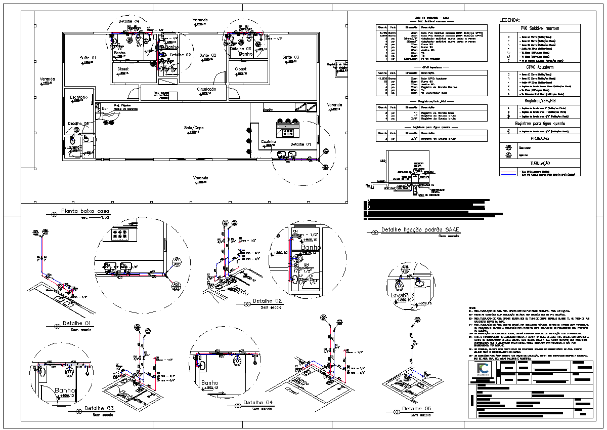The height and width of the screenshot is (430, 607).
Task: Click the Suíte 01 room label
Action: (x=88, y=58)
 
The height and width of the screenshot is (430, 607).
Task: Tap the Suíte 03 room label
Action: (x=291, y=57)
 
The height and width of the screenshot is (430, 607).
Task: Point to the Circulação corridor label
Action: (x=206, y=89)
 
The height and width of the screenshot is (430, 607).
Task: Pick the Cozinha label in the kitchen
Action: (x=268, y=141)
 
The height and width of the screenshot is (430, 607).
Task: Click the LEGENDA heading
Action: (x=509, y=20)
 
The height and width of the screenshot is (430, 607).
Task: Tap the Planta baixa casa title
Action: (x=85, y=211)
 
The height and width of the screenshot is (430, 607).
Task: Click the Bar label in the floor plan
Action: (x=105, y=108)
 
